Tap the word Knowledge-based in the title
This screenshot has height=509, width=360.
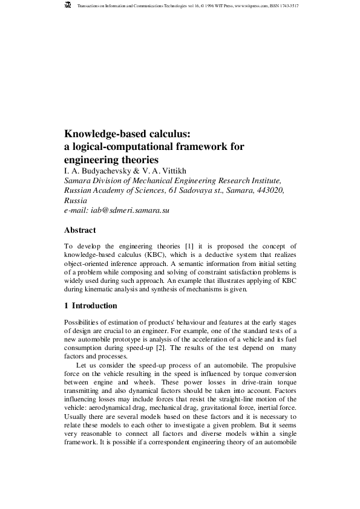[103, 134]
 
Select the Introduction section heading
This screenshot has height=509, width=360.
[97, 306]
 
